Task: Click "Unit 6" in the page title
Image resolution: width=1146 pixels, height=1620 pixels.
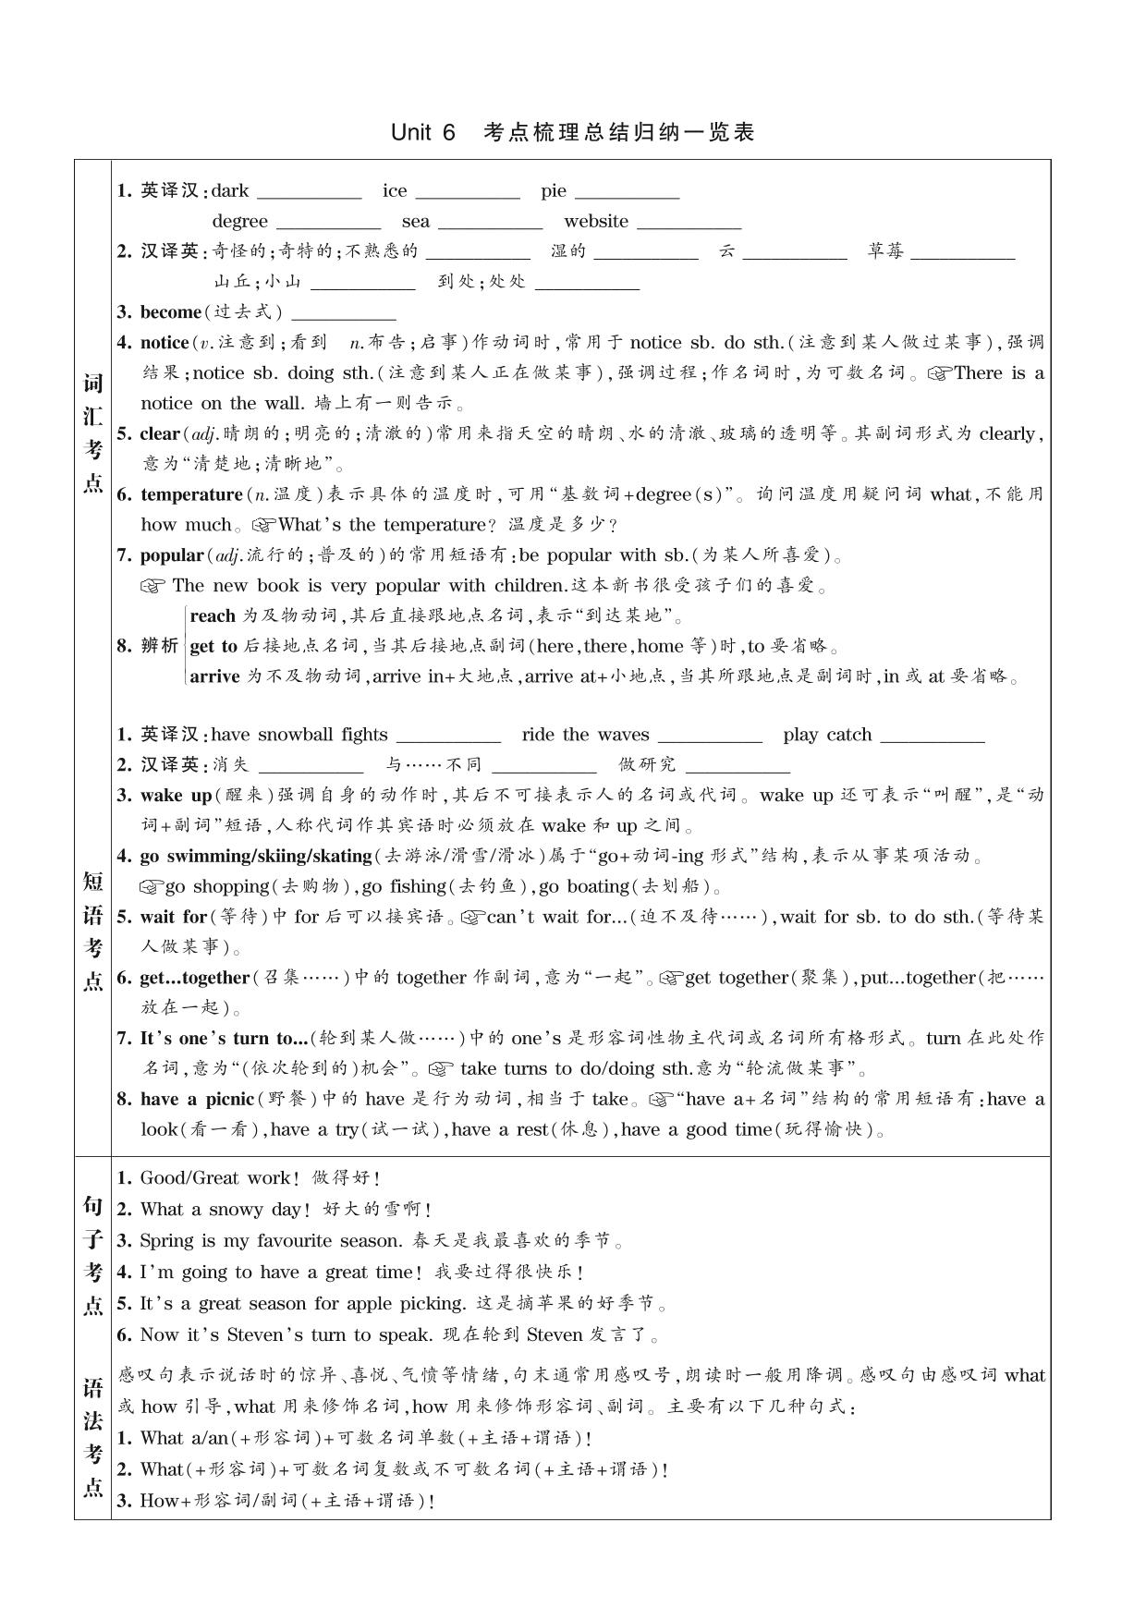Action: [423, 133]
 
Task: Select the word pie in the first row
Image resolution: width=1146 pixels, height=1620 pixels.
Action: [553, 191]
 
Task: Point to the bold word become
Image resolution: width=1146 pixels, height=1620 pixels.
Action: [171, 312]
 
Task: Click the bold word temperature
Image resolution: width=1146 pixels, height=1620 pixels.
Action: [191, 494]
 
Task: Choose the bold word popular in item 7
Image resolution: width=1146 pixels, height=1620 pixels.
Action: [172, 555]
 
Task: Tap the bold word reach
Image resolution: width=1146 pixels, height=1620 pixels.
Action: [213, 616]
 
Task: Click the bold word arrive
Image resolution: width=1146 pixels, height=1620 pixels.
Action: [214, 676]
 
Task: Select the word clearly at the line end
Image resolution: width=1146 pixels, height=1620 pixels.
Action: [1010, 434]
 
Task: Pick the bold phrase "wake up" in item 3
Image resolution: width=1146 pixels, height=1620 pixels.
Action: [176, 796]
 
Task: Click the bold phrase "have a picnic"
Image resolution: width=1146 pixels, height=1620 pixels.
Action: [197, 1100]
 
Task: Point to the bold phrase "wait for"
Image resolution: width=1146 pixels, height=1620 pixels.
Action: [174, 917]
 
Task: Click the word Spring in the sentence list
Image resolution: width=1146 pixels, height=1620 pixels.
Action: [166, 1241]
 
